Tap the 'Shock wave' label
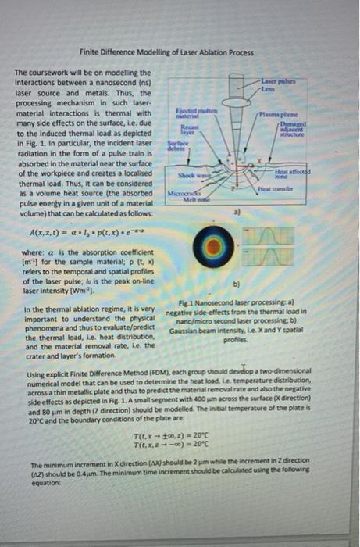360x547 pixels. [191, 175]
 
